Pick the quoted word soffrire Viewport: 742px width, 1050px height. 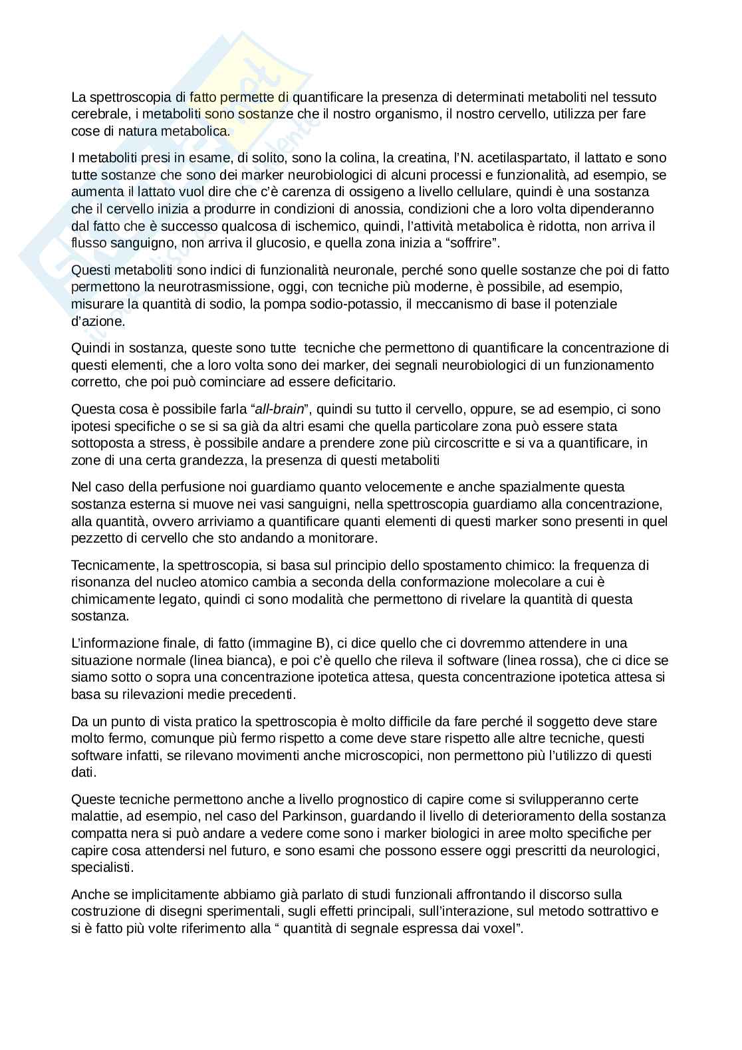point(475,243)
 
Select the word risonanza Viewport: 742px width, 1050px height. point(97,583)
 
